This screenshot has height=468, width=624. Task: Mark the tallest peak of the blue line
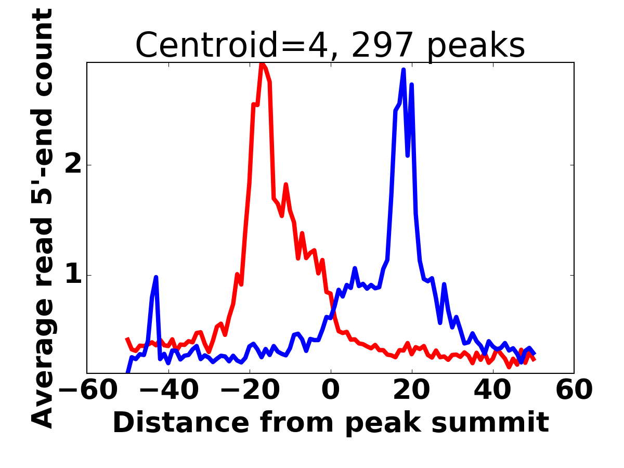404,70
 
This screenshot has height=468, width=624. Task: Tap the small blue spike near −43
155,278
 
